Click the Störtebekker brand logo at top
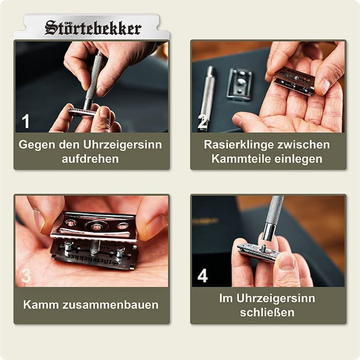pos(93,27)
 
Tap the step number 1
pos(26,122)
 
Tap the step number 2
pos(203,122)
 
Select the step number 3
pos(26,276)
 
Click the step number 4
pos(203,276)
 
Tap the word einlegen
pos(297,158)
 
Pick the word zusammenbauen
pos(112,304)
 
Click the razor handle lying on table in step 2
pos(208,95)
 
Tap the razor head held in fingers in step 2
pos(294,80)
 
